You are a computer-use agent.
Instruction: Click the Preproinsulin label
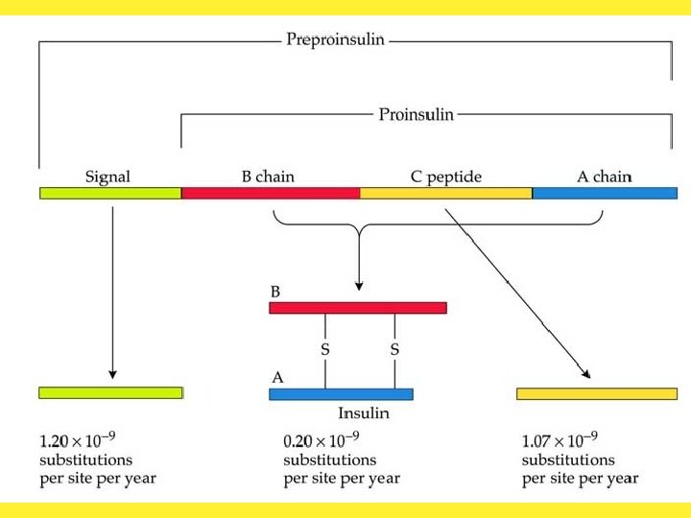pyautogui.click(x=335, y=39)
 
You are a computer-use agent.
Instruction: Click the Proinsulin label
pyautogui.click(x=416, y=114)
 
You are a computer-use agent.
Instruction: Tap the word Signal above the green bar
pyautogui.click(x=107, y=177)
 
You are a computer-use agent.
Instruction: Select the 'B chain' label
pyautogui.click(x=268, y=177)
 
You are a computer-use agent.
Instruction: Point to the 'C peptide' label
pyautogui.click(x=445, y=177)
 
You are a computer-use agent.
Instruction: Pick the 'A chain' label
pyautogui.click(x=604, y=177)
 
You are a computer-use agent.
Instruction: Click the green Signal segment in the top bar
pyautogui.click(x=110, y=193)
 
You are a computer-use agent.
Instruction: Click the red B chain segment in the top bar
pyautogui.click(x=271, y=193)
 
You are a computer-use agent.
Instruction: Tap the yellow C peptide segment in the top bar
pyautogui.click(x=445, y=193)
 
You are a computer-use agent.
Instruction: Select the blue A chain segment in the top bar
pyautogui.click(x=605, y=193)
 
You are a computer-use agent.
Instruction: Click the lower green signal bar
pyautogui.click(x=110, y=392)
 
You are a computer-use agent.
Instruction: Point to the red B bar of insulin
pyautogui.click(x=358, y=308)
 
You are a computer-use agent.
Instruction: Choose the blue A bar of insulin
pyautogui.click(x=341, y=393)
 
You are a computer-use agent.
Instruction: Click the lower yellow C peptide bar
pyautogui.click(x=597, y=393)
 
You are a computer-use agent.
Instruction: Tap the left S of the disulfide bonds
pyautogui.click(x=325, y=350)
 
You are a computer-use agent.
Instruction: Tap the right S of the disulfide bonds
pyautogui.click(x=394, y=350)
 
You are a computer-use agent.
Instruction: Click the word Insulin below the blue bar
pyautogui.click(x=363, y=413)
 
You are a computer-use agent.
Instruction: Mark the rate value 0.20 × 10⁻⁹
pyautogui.click(x=322, y=441)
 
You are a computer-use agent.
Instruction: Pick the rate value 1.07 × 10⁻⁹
pyautogui.click(x=560, y=441)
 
